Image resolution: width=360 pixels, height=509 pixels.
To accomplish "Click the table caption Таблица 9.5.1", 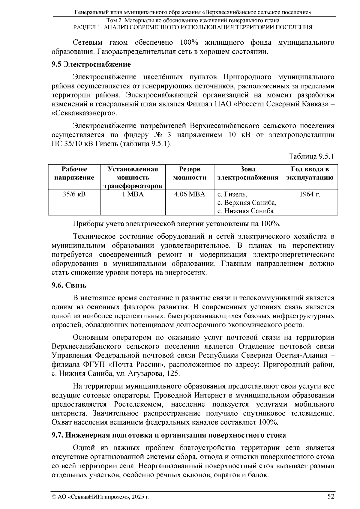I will (x=311, y=156).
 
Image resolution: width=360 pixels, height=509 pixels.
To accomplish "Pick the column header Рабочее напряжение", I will (x=74, y=173).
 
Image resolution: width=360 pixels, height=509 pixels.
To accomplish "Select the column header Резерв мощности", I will (x=190, y=173).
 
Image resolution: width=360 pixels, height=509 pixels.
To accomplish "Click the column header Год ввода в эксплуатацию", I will (x=310, y=173).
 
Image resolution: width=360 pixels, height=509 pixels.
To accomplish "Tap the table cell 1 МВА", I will (x=133, y=194).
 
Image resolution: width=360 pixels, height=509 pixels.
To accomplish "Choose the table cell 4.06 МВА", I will (x=190, y=194).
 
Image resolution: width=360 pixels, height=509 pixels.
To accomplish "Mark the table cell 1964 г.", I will (x=310, y=194).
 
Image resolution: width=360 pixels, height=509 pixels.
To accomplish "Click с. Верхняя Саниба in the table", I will (x=247, y=203).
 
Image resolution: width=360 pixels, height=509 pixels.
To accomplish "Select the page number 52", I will (x=331, y=496).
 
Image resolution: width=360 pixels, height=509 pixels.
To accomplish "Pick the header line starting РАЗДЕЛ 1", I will (x=193, y=27).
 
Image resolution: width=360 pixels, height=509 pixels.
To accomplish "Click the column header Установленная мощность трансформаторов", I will (x=133, y=177).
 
